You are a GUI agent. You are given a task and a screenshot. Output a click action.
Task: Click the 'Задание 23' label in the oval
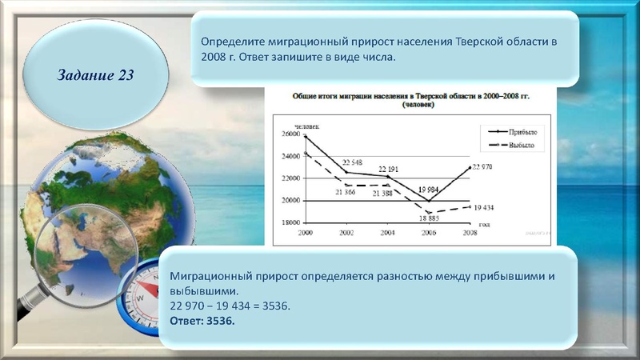[95, 75]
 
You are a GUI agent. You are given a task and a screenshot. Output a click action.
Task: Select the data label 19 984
[430, 189]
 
